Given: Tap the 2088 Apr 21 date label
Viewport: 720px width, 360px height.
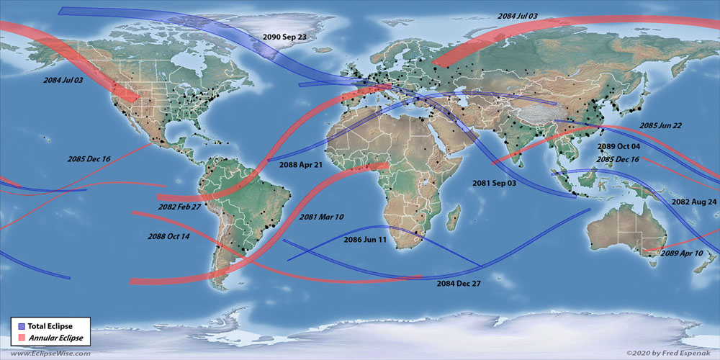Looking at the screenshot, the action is tap(301, 165).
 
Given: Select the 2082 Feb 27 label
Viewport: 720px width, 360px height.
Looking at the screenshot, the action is tap(180, 207).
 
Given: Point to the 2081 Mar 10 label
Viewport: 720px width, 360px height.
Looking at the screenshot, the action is tap(321, 217).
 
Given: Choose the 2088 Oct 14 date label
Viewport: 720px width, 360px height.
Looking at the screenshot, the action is tap(168, 237).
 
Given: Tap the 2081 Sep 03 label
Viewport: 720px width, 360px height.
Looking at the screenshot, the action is tap(494, 184).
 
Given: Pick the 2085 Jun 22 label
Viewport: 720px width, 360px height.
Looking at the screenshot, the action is tap(660, 126).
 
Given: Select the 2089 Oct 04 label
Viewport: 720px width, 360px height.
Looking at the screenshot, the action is tap(619, 147).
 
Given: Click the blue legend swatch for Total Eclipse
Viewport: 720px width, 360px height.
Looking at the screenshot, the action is tap(20, 326).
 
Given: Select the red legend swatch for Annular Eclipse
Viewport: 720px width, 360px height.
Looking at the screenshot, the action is tap(20, 338).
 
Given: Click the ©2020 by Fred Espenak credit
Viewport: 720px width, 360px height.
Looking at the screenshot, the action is tap(670, 354).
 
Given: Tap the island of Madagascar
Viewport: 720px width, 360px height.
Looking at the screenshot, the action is tap(454, 214).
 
